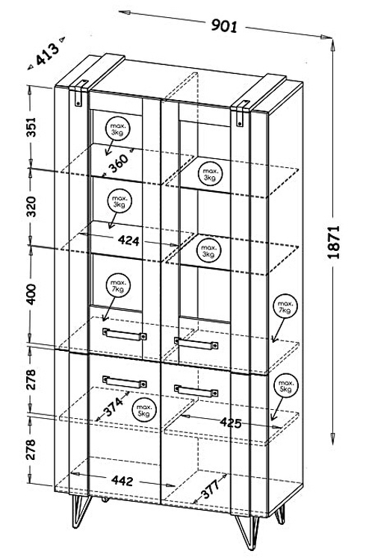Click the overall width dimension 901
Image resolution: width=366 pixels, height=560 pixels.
click(224, 25)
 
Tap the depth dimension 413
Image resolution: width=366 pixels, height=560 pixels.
click(47, 54)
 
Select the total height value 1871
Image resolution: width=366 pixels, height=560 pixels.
click(333, 242)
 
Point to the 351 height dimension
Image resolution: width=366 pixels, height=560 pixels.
click(32, 127)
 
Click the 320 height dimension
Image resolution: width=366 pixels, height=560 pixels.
click(32, 206)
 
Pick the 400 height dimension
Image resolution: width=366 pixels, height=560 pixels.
click(32, 294)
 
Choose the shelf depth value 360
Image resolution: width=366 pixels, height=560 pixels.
click(118, 163)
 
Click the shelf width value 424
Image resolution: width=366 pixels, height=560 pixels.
click(128, 240)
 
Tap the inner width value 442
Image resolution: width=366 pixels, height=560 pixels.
click(122, 481)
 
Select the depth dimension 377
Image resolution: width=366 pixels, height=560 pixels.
click(210, 489)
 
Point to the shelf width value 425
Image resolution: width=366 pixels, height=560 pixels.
click(231, 423)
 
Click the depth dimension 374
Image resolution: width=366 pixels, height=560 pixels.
click(114, 407)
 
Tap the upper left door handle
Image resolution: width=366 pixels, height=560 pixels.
click(125, 335)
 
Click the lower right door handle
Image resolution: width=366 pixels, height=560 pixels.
click(196, 391)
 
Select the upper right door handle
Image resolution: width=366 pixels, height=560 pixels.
click(196, 343)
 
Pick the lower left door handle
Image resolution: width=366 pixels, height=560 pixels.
click(125, 382)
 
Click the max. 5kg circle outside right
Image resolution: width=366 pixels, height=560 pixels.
click(285, 385)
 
